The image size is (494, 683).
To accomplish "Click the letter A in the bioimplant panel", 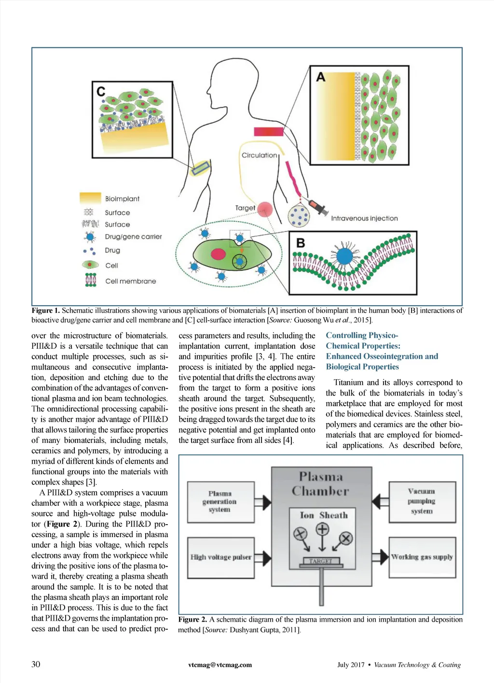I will [321, 77].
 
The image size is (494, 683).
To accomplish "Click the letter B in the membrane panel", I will [301, 243].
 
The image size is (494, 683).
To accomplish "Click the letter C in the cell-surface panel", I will [101, 91].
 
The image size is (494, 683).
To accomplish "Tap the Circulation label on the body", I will [259, 155].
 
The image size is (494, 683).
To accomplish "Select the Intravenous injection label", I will [364, 218].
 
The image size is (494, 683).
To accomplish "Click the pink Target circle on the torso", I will [265, 210].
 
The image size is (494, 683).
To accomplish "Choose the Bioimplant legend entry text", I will [122, 199].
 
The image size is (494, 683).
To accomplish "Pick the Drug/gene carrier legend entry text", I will [133, 237].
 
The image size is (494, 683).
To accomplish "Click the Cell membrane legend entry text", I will [130, 281].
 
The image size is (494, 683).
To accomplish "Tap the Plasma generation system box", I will [220, 501].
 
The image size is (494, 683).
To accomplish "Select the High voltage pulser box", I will [220, 557].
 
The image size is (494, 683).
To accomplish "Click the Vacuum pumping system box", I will [422, 501].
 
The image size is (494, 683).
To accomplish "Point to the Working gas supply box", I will [422, 557].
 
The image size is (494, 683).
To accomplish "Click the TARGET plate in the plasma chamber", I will [321, 561].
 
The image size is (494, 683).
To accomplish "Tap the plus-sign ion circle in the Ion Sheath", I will [322, 529].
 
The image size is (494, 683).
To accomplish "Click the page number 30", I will [36, 664].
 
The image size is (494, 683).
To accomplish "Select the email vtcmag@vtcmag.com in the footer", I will [220, 665].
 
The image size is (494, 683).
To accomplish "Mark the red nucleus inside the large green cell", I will [219, 254].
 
